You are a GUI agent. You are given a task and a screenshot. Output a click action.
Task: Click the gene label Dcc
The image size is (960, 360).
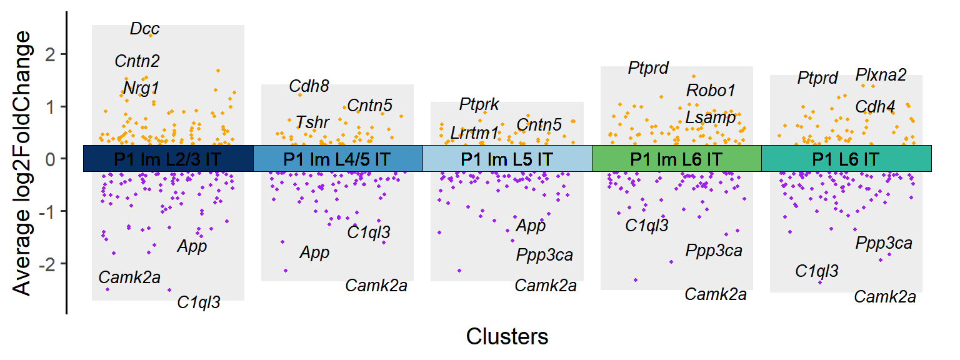point(145,29)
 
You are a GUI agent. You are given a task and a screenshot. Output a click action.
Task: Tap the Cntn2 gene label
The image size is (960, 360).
point(137,61)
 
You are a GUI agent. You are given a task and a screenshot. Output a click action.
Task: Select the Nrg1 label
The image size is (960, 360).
point(141,87)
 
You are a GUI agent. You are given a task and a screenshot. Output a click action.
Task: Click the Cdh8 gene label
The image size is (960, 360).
point(309,86)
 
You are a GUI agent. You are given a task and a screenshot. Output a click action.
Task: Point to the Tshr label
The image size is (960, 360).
point(312,122)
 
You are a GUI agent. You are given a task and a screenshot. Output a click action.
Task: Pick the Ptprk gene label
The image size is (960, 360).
point(479,104)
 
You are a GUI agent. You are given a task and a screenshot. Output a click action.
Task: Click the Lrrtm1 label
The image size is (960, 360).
point(475,133)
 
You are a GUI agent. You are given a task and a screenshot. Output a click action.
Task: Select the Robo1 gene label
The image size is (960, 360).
point(711,91)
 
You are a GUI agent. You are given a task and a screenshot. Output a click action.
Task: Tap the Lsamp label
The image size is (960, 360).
point(711,117)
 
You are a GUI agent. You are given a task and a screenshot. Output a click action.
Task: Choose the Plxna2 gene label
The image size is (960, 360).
point(881,75)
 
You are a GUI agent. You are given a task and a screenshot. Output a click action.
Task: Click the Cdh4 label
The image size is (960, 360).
point(875,107)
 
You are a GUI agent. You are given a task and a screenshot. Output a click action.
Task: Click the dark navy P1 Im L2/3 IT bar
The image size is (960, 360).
point(168,159)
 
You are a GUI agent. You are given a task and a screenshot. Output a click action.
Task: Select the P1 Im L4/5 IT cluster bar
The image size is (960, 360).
point(337,159)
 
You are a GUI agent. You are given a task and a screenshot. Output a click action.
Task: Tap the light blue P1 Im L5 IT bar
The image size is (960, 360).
point(507,159)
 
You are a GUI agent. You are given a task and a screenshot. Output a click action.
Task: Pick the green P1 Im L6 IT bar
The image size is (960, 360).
point(676,159)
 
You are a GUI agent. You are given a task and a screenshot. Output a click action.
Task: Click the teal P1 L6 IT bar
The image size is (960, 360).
point(846,159)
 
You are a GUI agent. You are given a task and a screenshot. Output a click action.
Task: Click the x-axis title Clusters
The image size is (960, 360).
point(507,337)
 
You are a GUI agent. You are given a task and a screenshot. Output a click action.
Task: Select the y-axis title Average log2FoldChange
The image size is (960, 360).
point(22,162)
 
